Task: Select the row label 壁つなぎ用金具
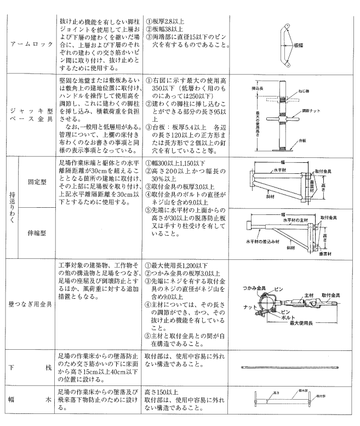click(28, 303)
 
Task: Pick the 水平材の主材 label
click(291, 223)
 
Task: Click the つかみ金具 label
click(254, 287)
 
